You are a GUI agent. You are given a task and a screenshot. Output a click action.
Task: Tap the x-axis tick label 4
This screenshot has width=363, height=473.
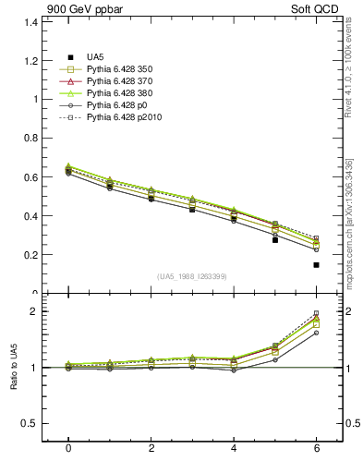[233, 448]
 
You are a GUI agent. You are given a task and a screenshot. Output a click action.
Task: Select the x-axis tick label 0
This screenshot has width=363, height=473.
[67, 448]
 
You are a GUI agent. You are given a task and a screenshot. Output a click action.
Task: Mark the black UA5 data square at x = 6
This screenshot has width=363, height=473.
[316, 265]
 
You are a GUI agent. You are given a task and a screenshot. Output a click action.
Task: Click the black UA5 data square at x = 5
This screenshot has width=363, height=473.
[274, 239]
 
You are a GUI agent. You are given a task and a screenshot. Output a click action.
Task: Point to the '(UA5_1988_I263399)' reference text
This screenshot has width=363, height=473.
[191, 276]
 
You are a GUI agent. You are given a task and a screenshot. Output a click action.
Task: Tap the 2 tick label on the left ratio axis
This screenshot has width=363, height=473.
[32, 311]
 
